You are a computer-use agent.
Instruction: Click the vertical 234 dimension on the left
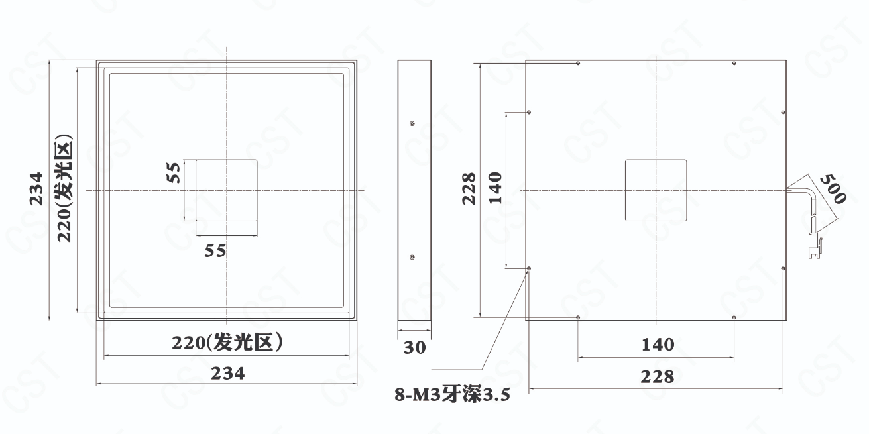click(x=36, y=189)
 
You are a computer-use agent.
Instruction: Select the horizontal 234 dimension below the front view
click(x=228, y=374)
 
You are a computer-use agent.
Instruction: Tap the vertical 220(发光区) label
click(x=64, y=188)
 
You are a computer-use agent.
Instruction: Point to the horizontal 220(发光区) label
click(x=227, y=343)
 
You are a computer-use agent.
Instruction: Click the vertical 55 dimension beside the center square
click(x=174, y=172)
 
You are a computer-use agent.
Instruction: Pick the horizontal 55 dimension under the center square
click(x=215, y=251)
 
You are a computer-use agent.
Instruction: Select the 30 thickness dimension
click(x=414, y=347)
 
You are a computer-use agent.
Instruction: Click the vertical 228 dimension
click(x=469, y=189)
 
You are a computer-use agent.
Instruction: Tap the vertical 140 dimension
click(x=495, y=188)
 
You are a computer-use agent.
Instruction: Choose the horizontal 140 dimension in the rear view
click(x=658, y=345)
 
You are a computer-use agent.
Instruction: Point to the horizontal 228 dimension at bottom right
click(x=657, y=376)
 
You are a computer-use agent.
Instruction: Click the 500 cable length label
click(x=833, y=190)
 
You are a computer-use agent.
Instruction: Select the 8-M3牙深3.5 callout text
click(x=452, y=394)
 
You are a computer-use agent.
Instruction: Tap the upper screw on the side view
click(x=412, y=123)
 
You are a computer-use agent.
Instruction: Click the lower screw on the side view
click(x=412, y=257)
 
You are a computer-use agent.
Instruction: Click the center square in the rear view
click(x=656, y=190)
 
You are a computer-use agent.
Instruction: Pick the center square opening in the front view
click(x=227, y=190)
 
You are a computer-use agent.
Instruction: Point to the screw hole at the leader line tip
click(x=529, y=268)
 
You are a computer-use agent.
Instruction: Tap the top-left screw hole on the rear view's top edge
click(x=578, y=63)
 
